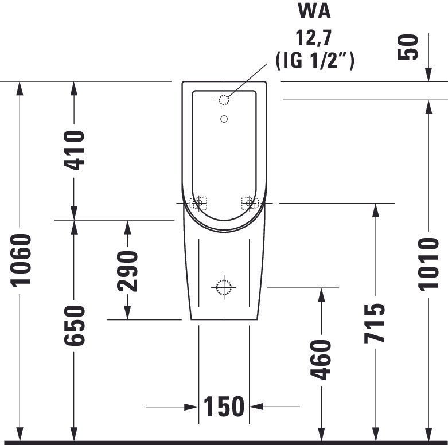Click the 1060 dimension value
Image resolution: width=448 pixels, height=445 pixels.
[x=21, y=260]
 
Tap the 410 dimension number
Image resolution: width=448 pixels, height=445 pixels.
[x=75, y=150]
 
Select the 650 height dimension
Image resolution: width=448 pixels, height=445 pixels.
[x=75, y=325]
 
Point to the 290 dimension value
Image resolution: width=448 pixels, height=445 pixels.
[x=127, y=271]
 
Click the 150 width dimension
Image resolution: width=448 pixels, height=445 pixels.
[x=224, y=407]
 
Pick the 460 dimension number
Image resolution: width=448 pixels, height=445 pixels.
[x=321, y=360]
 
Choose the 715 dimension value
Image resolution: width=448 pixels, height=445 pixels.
[x=375, y=323]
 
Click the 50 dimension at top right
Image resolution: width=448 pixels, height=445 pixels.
[x=408, y=48]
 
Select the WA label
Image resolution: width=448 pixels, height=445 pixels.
[x=314, y=11]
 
